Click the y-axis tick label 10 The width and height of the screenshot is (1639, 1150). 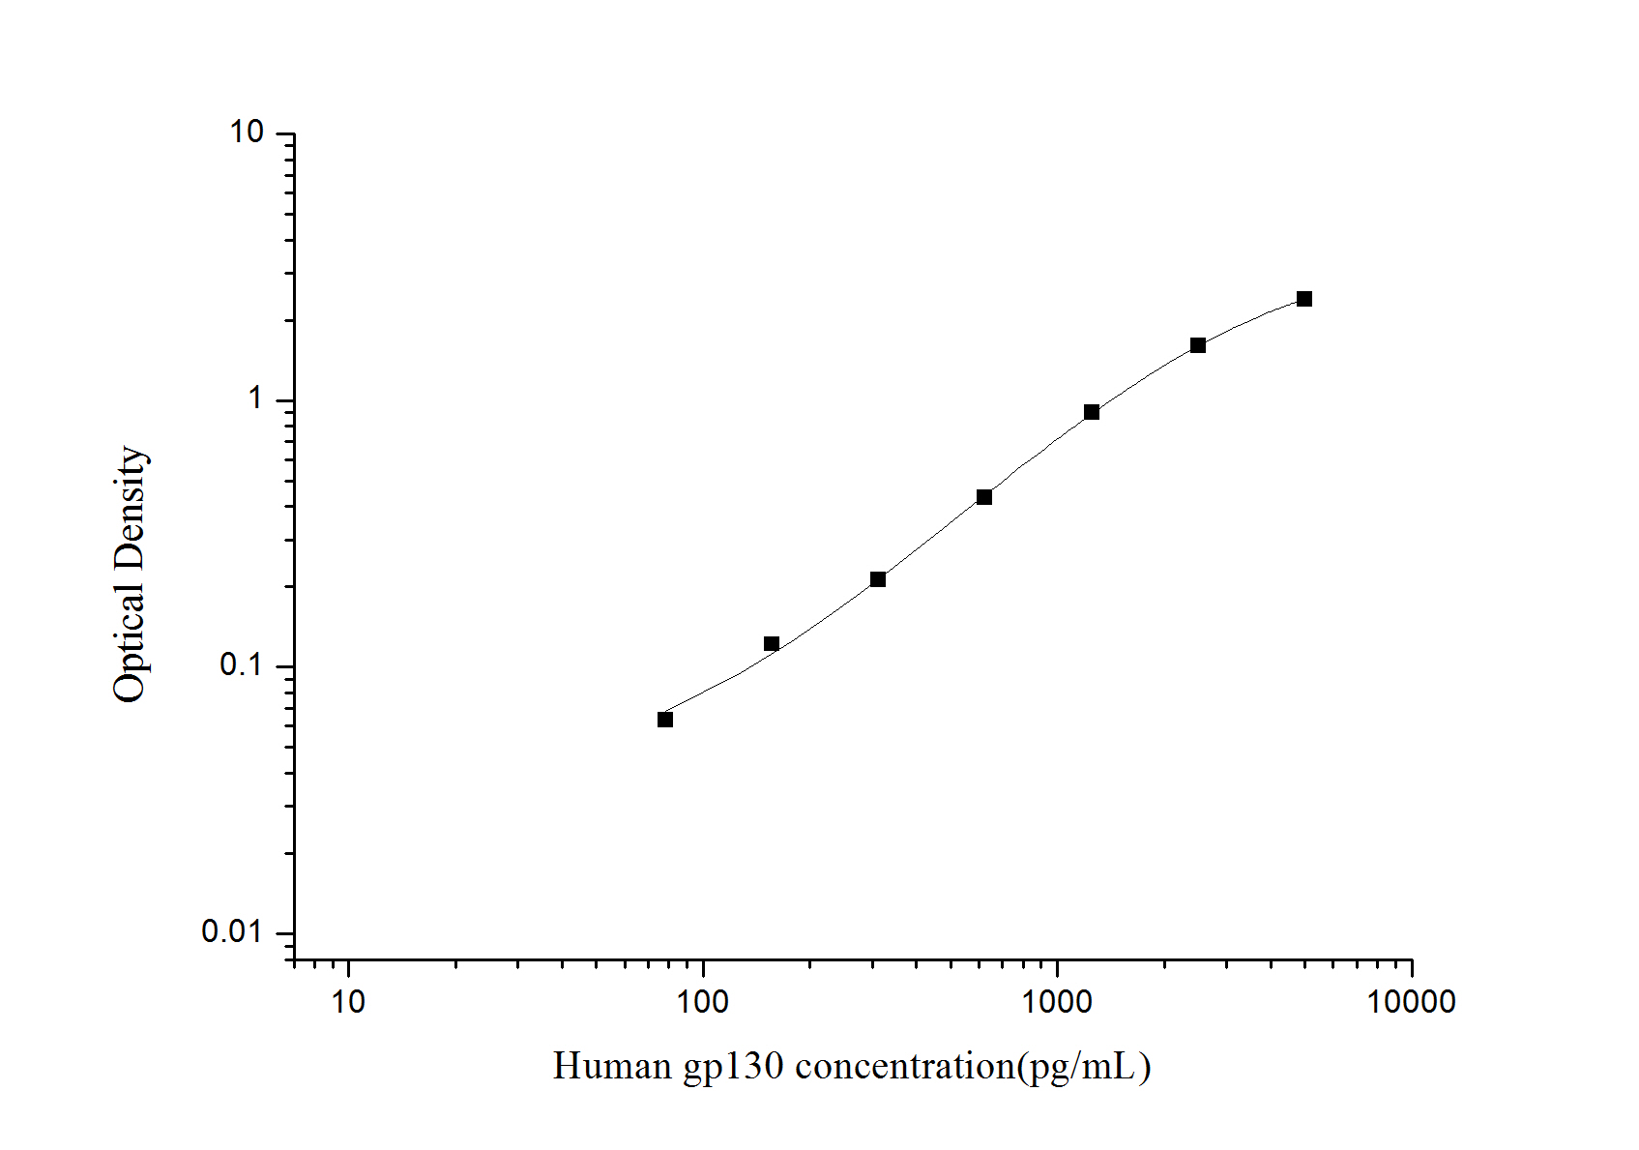click(x=248, y=133)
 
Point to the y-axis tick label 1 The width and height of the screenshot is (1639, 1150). click(x=256, y=398)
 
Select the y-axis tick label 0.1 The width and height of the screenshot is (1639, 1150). click(x=241, y=665)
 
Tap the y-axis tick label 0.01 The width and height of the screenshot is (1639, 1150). click(x=232, y=931)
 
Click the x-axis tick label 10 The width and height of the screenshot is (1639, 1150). click(x=348, y=1002)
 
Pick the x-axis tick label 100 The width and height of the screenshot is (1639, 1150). click(x=703, y=1002)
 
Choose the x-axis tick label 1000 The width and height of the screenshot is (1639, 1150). click(x=1057, y=1002)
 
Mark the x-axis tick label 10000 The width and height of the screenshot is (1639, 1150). click(x=1411, y=1002)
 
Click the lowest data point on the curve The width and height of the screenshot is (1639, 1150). click(x=665, y=720)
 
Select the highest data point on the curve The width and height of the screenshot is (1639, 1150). click(x=1304, y=299)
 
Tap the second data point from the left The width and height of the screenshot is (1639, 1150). click(x=772, y=644)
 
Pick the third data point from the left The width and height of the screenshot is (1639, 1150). click(x=878, y=579)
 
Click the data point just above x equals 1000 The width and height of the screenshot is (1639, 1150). click(x=1092, y=412)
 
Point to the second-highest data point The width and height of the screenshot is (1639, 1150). click(x=1198, y=345)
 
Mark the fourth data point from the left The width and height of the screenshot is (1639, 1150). click(x=984, y=497)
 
